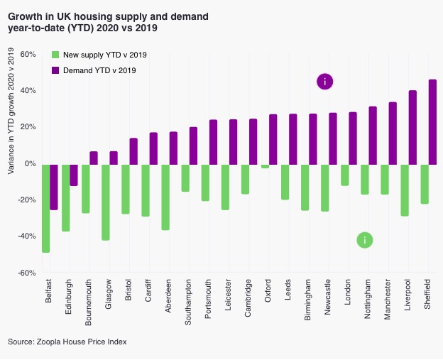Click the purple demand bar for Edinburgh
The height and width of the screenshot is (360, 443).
pyautogui.click(x=73, y=175)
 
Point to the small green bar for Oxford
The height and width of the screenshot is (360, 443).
pyautogui.click(x=265, y=165)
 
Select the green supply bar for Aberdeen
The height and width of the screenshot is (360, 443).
pyautogui.click(x=165, y=197)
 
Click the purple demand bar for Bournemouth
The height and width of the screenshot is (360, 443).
pyautogui.click(x=93, y=157)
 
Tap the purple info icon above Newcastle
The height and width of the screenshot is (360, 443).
pyautogui.click(x=324, y=82)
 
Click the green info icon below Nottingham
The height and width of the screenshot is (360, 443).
pyautogui.click(x=364, y=240)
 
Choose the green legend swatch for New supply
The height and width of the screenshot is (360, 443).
pyautogui.click(x=56, y=55)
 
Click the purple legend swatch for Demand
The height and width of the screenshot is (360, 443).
pyautogui.click(x=56, y=70)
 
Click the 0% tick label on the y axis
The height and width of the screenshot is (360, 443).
pyautogui.click(x=30, y=163)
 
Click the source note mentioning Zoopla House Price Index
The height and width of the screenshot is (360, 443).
pyautogui.click(x=67, y=342)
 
